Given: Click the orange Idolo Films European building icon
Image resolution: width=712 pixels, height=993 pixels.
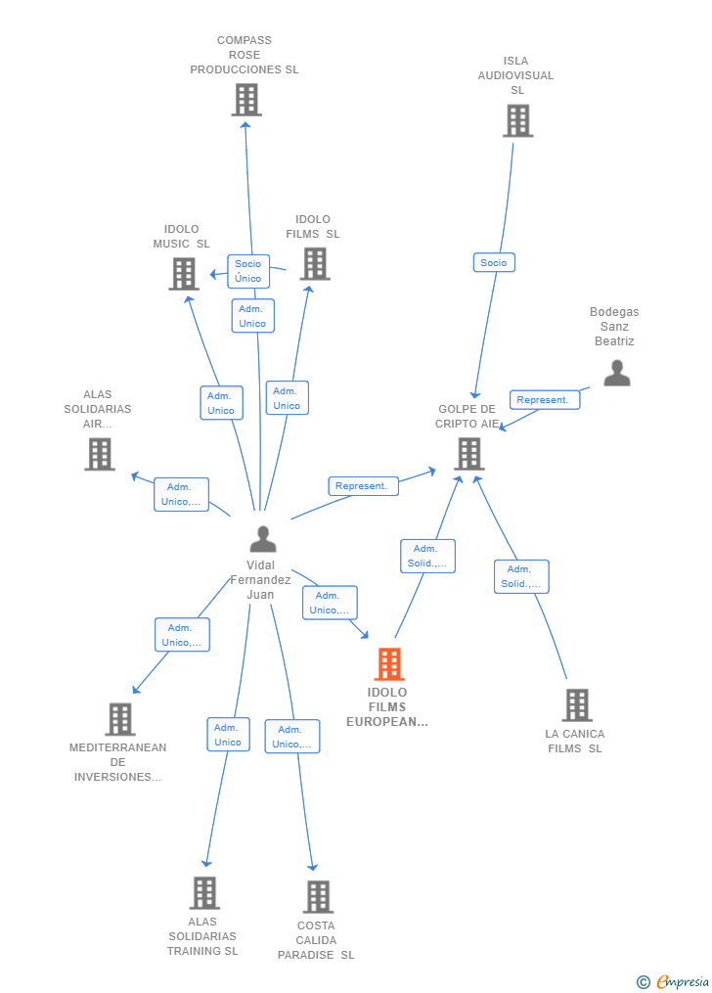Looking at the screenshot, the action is [389, 663].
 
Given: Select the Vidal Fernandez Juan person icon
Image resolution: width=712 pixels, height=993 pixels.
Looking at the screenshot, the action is [263, 539].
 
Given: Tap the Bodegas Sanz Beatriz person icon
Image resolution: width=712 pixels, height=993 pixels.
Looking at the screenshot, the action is [616, 373].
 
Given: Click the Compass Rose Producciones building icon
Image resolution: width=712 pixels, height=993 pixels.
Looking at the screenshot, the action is [246, 100].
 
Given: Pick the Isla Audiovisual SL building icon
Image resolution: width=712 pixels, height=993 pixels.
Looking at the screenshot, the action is [517, 120].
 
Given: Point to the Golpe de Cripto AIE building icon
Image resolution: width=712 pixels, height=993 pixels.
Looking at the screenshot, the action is [469, 453].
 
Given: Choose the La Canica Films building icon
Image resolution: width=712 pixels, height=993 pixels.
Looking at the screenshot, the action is [577, 704].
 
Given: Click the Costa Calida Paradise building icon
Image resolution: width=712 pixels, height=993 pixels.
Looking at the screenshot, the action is [318, 896].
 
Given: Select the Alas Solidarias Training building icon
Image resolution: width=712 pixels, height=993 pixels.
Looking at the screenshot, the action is [204, 892].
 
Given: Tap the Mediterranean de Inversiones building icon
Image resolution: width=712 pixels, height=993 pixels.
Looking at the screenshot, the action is [120, 719].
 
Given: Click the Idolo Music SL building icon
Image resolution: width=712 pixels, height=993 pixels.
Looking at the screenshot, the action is [184, 274].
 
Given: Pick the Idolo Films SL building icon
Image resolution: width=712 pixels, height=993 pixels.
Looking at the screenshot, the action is [315, 263].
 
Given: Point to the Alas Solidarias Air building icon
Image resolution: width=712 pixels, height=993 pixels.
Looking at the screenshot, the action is [100, 454].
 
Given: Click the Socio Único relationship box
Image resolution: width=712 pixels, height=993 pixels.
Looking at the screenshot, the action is [248, 271].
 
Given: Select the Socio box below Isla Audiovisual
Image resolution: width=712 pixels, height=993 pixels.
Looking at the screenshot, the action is [494, 262].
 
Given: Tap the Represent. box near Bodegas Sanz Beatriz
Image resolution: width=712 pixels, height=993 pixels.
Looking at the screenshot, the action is [545, 399].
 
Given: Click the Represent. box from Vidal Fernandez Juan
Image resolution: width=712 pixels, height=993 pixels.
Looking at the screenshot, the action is [363, 485].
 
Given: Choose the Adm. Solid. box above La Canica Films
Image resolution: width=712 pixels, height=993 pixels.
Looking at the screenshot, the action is [521, 576].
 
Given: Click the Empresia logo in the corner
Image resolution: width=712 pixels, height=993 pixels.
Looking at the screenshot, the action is [674, 981].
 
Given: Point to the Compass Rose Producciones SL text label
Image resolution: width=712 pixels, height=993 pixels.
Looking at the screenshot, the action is [245, 55].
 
